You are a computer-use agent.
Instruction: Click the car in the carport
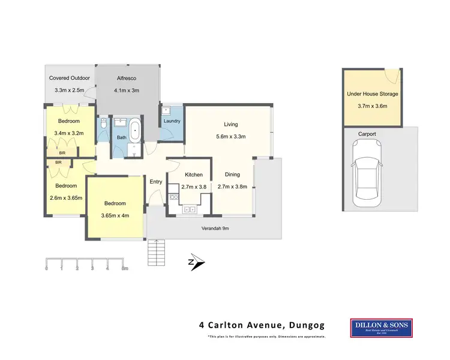point(364,171)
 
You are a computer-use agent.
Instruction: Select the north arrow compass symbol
point(197,262)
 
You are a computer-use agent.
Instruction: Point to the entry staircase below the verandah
point(155,252)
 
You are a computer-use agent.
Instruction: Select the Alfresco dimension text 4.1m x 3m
point(127,91)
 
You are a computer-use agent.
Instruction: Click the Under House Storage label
point(372,94)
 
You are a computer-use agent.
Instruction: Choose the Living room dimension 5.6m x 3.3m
point(231,136)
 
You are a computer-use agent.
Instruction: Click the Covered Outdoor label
point(69,78)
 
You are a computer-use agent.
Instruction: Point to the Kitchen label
point(193,175)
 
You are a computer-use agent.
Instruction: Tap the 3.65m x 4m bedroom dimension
point(115,215)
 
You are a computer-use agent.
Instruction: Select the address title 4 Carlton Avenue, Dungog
point(262,326)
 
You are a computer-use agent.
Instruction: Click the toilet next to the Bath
point(104,124)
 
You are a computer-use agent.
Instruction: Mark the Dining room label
point(232,175)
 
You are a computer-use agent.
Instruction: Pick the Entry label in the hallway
point(156,182)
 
